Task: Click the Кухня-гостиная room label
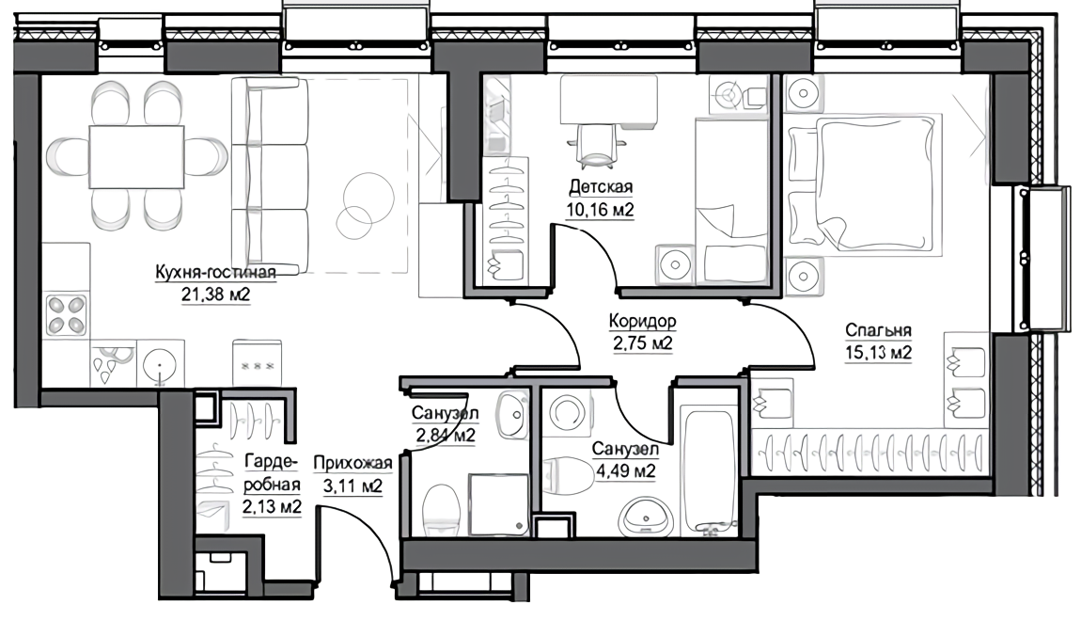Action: pos(215,272)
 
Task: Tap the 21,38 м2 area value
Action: pos(215,295)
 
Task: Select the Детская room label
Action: pos(601,187)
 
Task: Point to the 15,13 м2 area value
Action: pos(878,353)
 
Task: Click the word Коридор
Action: pos(643,321)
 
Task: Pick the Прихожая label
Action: pos(352,464)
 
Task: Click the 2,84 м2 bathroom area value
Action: pos(445,436)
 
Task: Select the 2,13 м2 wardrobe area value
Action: pos(272,507)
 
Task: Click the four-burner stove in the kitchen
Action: pos(66,316)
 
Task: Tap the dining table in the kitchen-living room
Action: pos(136,156)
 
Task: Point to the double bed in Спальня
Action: pos(865,181)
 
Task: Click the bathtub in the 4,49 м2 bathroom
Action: pos(710,470)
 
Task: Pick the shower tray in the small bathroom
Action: pos(498,504)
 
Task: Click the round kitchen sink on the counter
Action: pos(161,364)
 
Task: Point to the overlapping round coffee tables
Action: pos(363,204)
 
